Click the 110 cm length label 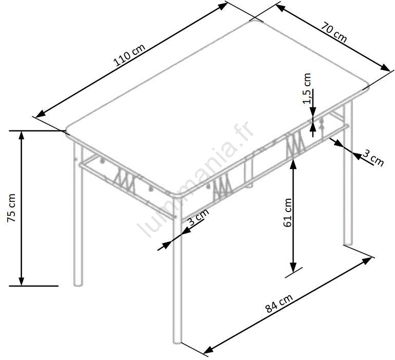click(x=129, y=55)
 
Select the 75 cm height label click(x=12, y=208)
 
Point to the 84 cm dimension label click(x=279, y=303)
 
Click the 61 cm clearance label click(x=287, y=213)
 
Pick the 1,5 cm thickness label click(x=307, y=88)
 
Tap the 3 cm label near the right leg click(x=373, y=158)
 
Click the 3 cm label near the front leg click(x=199, y=217)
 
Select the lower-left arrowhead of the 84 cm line click(x=208, y=350)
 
